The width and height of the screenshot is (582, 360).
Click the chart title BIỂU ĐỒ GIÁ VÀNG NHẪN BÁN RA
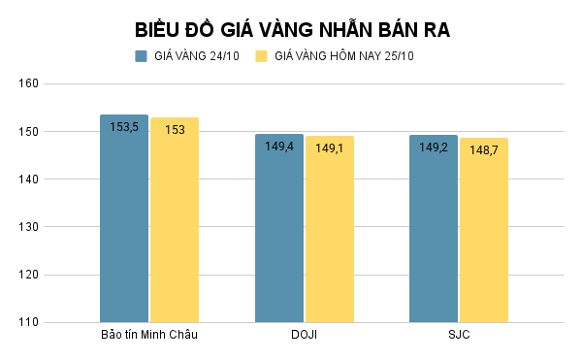click(291, 29)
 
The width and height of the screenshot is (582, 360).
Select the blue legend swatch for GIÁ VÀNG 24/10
click(141, 56)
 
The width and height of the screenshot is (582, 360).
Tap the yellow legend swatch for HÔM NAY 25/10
click(261, 56)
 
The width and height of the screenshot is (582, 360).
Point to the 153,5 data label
click(124, 127)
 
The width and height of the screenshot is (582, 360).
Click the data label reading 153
click(175, 130)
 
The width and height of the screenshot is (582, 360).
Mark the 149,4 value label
click(279, 147)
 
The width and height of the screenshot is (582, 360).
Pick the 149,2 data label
click(433, 147)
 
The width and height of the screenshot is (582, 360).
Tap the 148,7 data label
click(484, 150)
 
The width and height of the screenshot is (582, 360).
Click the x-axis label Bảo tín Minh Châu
click(149, 336)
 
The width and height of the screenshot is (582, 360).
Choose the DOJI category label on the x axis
click(304, 336)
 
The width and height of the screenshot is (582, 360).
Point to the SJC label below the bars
click(458, 336)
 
